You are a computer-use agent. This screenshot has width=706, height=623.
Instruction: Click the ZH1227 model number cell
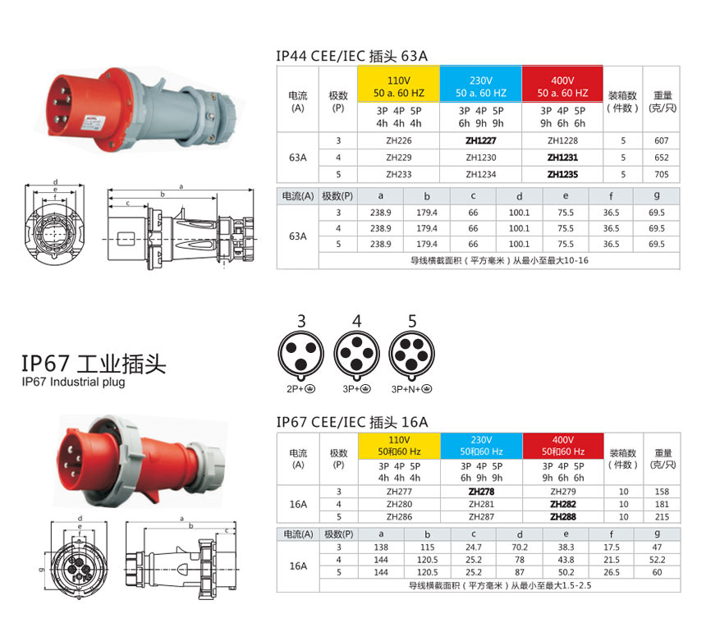pos(480,140)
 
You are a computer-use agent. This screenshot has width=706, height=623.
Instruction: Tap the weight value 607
pos(662,140)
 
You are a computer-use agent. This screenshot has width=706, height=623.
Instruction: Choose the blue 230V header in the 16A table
pos(481,447)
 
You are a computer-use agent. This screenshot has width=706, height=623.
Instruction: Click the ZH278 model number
pos(480,492)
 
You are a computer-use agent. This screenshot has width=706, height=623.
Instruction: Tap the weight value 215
pos(662,517)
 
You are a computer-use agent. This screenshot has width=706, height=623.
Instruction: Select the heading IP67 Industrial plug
pos(73,383)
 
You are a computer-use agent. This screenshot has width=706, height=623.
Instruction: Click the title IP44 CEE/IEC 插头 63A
pos(352,57)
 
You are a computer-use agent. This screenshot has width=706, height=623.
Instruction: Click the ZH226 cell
pos(398,140)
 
